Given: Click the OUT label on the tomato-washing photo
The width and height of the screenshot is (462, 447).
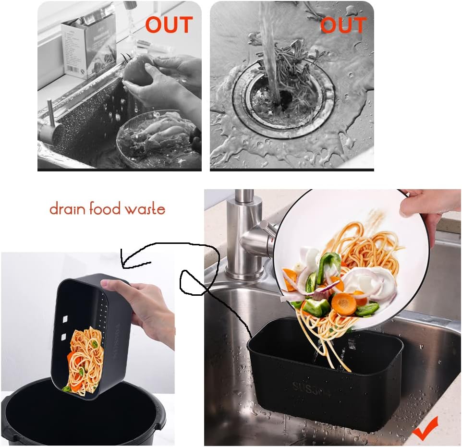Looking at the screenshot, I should pyautogui.click(x=169, y=25).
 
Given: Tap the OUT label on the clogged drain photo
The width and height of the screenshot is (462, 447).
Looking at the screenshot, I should pyautogui.click(x=343, y=25).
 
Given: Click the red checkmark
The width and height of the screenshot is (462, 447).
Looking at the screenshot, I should pyautogui.click(x=426, y=429).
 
